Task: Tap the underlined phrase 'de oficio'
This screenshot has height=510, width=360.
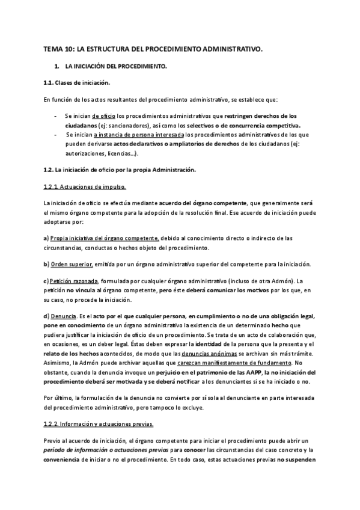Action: click(x=104, y=115)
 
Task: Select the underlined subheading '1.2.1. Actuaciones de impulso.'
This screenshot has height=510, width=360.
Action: click(x=85, y=187)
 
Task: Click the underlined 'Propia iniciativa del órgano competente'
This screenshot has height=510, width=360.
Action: click(x=105, y=238)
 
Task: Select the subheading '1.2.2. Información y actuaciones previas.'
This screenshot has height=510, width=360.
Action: click(x=99, y=423)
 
